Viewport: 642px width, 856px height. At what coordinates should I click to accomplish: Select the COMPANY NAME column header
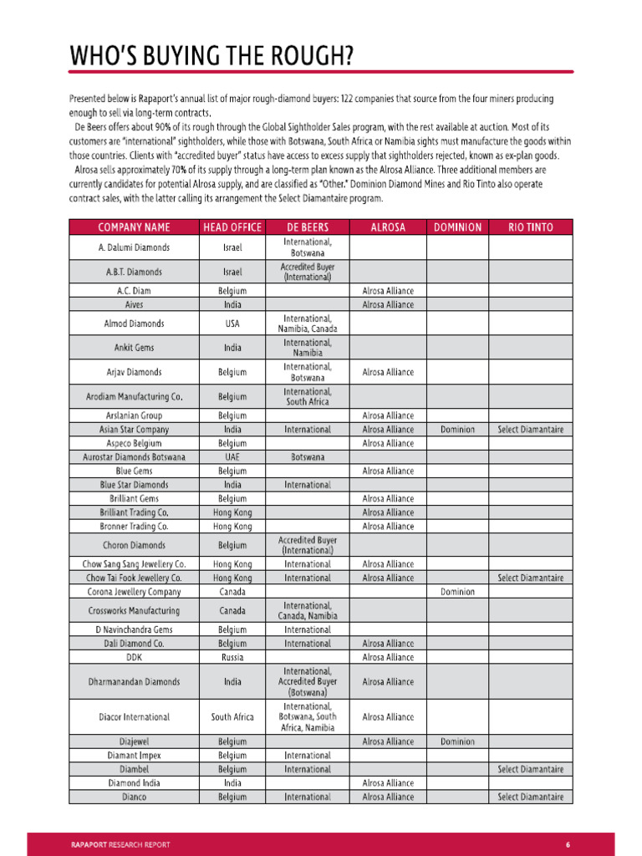tap(134, 227)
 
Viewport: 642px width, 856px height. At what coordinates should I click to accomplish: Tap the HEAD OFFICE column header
tap(232, 227)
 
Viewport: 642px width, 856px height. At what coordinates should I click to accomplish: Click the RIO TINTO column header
tap(531, 227)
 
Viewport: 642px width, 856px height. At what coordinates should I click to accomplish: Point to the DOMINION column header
tap(457, 227)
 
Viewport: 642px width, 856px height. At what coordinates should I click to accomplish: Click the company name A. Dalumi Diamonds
tap(134, 247)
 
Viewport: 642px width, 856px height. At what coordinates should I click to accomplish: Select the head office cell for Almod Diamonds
tap(232, 324)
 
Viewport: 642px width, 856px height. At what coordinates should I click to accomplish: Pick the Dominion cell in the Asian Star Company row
tap(457, 430)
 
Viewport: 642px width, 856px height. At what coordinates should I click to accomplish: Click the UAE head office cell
tap(232, 457)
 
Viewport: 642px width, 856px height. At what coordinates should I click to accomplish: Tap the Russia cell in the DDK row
tap(232, 657)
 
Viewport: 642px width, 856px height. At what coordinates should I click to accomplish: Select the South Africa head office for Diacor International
tap(232, 717)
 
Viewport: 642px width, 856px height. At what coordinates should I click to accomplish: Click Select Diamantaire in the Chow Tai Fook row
tap(531, 578)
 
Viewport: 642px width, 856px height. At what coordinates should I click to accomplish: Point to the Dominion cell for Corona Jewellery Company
tap(457, 592)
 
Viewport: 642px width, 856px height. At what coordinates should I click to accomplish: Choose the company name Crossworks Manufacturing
tap(134, 611)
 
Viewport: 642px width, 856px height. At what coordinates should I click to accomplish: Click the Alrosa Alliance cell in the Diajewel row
tap(388, 741)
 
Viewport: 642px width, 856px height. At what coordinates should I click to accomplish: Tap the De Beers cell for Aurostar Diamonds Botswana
tap(307, 457)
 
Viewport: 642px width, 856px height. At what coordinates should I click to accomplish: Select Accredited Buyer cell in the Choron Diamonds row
tap(307, 546)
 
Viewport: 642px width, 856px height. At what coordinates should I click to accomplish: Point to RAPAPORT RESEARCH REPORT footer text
tap(120, 844)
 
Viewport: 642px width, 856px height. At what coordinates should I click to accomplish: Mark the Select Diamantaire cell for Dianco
tap(531, 797)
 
